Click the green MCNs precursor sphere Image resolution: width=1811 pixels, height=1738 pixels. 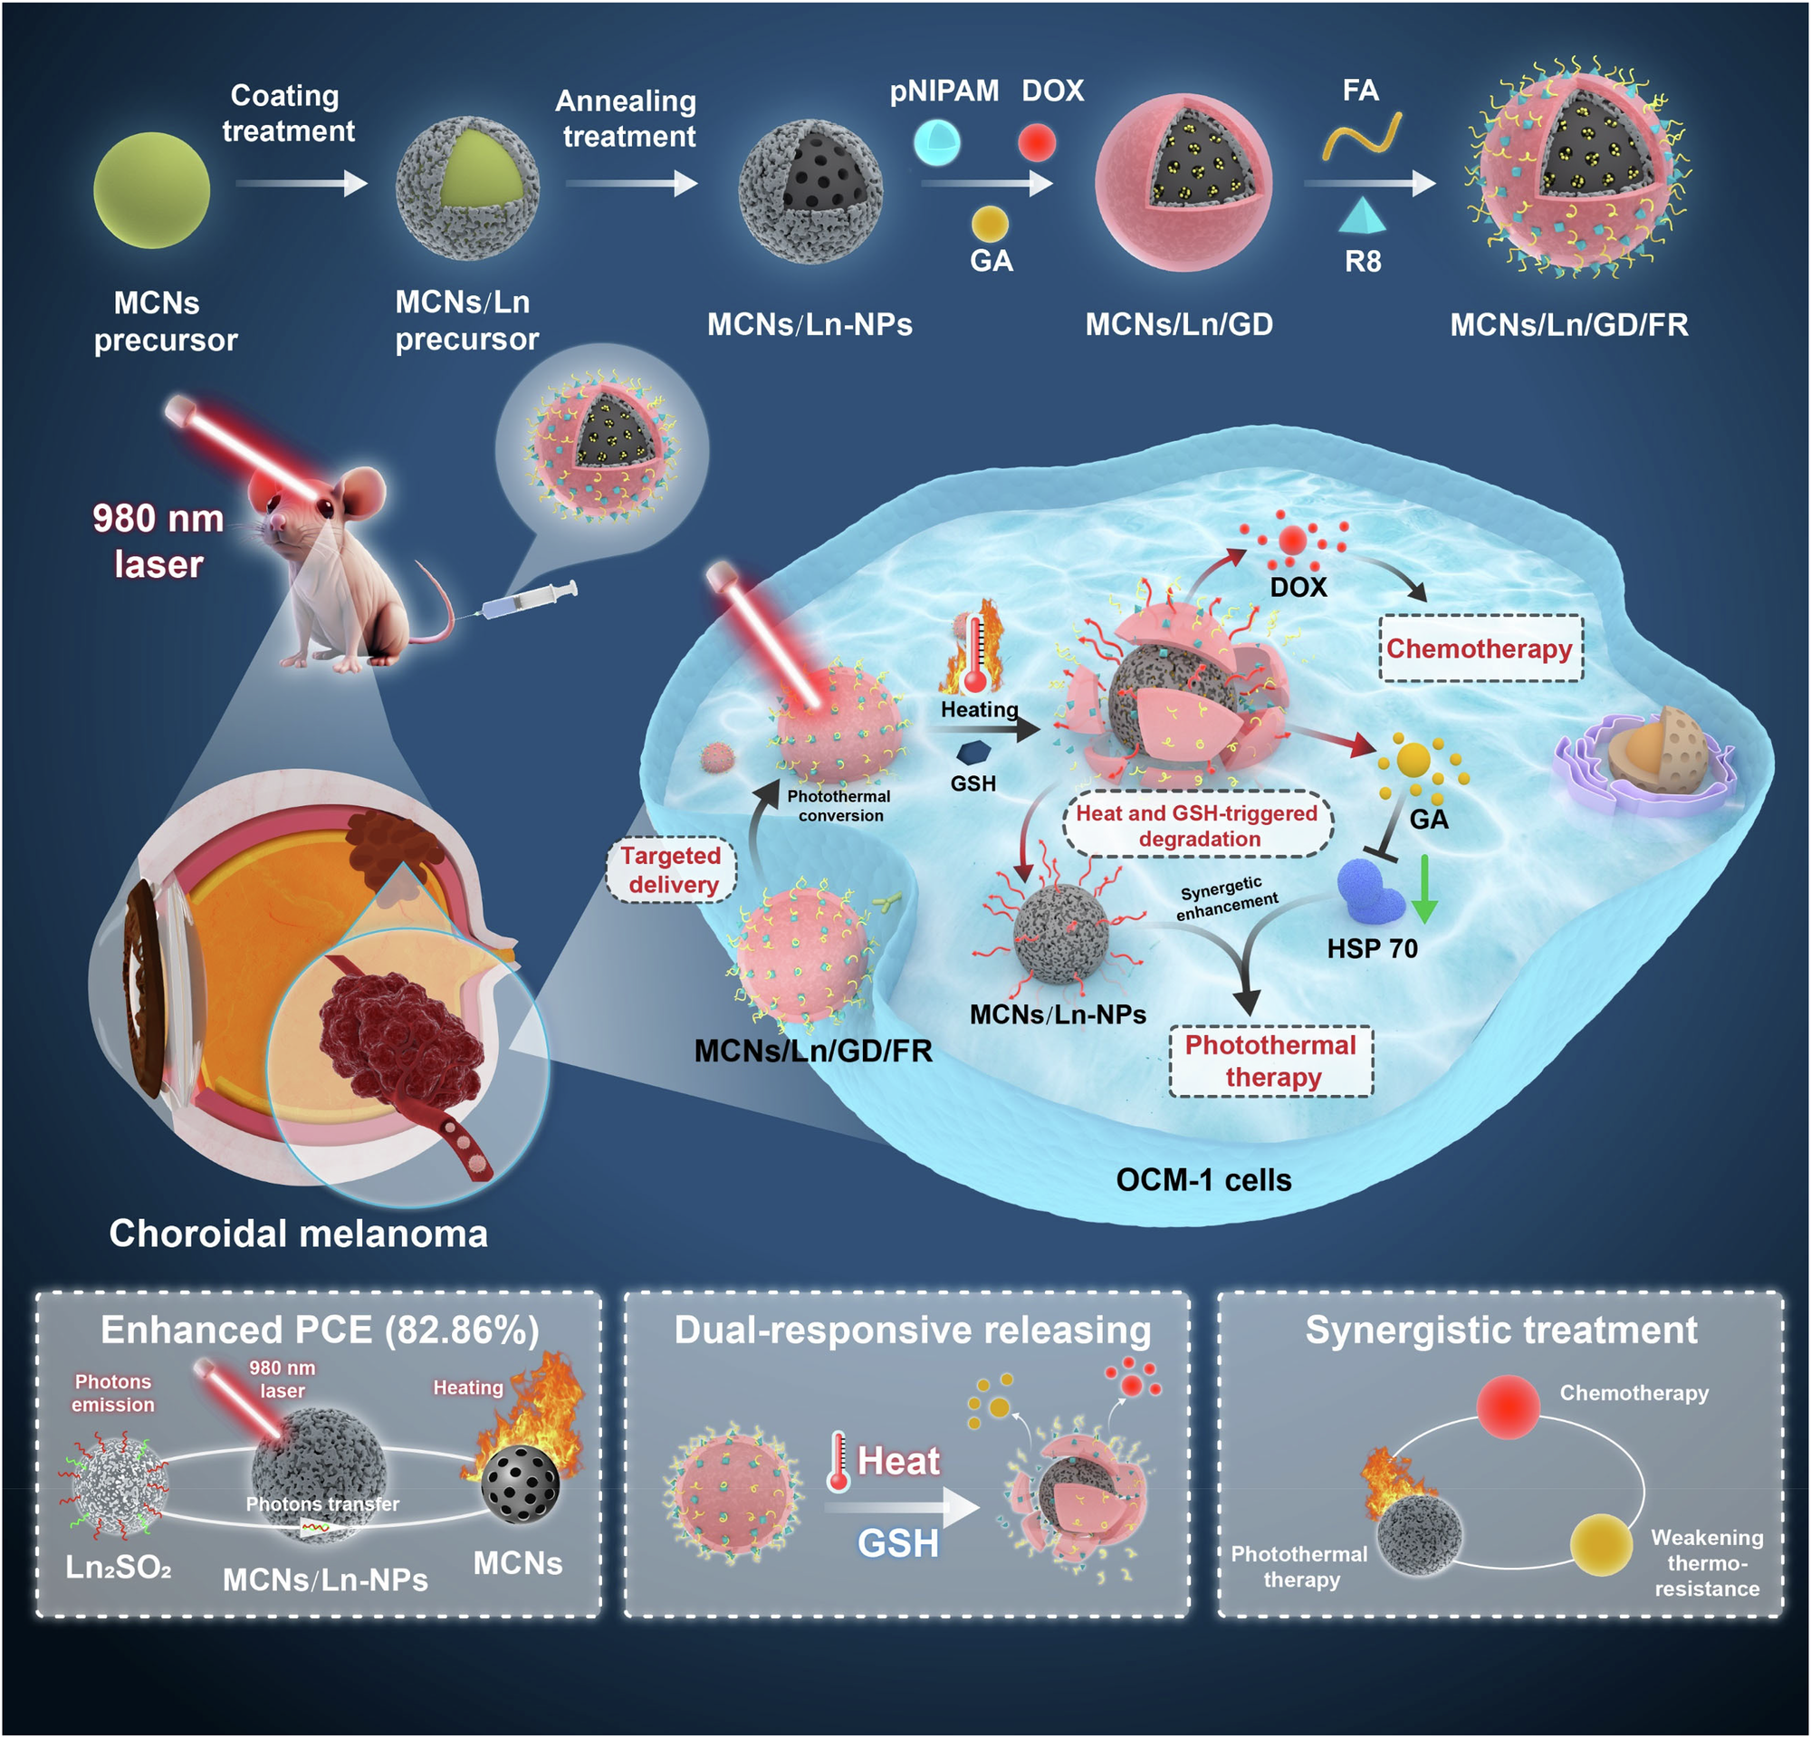(x=151, y=189)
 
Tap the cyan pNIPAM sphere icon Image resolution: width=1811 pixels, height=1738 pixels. (x=937, y=143)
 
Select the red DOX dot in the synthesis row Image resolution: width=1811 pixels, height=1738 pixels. (x=1037, y=142)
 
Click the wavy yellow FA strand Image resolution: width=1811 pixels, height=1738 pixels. (x=1362, y=137)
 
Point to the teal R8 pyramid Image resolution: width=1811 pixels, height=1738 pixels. (x=1362, y=215)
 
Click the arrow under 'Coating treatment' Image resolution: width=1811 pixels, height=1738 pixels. (x=302, y=183)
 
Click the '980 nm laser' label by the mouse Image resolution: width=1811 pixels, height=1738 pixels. (x=158, y=541)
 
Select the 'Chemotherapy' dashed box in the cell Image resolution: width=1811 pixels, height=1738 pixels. (x=1480, y=648)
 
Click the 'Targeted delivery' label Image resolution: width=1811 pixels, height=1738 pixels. (x=671, y=869)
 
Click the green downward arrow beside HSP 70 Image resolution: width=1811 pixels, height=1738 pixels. (x=1423, y=888)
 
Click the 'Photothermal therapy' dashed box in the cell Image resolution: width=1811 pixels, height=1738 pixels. (x=1270, y=1061)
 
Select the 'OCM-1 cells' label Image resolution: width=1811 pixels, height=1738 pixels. (x=1203, y=1180)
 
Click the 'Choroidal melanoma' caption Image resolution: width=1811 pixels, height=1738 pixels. (x=299, y=1234)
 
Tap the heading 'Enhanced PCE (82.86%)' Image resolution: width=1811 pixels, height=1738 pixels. (x=320, y=1330)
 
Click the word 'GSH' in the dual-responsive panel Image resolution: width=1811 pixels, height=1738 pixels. (x=897, y=1543)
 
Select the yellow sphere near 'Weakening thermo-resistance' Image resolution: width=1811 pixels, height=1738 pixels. (x=1600, y=1543)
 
